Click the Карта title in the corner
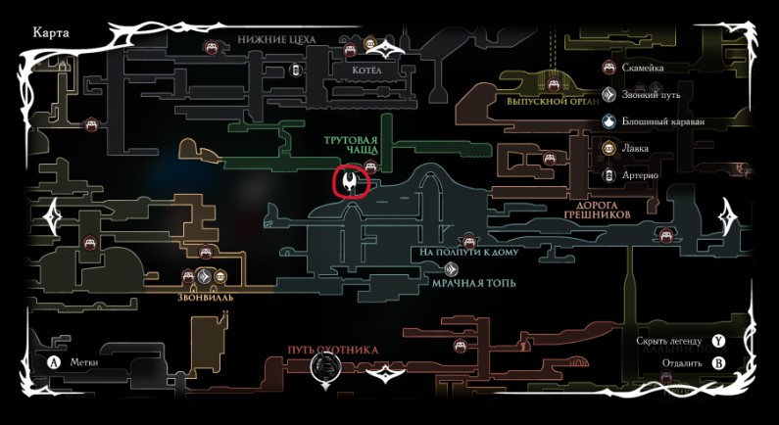(50, 31)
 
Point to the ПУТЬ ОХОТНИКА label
(332, 350)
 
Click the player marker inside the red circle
(350, 182)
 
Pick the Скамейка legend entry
(643, 69)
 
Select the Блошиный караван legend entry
(662, 121)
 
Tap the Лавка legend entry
(635, 149)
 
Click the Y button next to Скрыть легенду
(718, 341)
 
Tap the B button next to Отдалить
(718, 362)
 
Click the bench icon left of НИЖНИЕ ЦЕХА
(211, 47)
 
